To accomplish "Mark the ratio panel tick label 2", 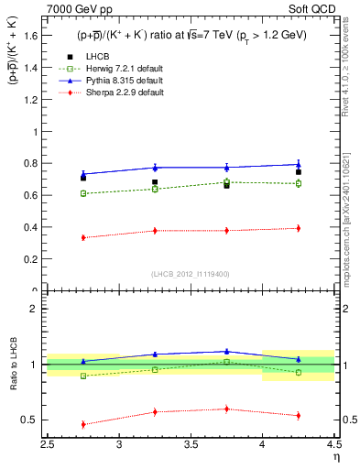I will point(34,309).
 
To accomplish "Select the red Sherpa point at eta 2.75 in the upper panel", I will point(83,237).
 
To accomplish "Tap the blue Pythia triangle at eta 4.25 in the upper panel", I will point(298,165).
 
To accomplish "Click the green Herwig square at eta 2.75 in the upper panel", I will point(83,193).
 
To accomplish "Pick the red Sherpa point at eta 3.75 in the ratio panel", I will point(226,409).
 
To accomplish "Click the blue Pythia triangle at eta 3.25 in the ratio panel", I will point(155,354).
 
